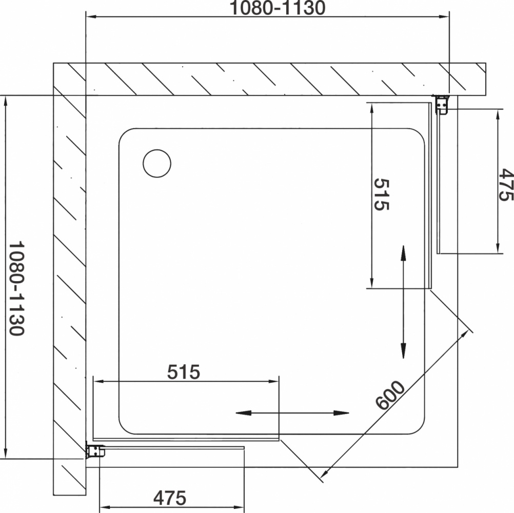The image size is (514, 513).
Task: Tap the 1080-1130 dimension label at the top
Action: (278, 8)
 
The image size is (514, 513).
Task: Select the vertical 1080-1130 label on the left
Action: (16, 289)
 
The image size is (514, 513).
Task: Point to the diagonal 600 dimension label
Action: (390, 395)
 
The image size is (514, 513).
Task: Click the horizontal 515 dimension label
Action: (184, 372)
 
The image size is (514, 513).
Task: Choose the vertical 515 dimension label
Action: (381, 194)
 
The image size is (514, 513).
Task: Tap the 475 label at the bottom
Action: (170, 498)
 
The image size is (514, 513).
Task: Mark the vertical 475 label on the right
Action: (505, 185)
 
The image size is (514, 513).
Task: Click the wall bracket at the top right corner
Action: (441, 105)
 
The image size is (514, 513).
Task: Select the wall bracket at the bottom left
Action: (95, 450)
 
